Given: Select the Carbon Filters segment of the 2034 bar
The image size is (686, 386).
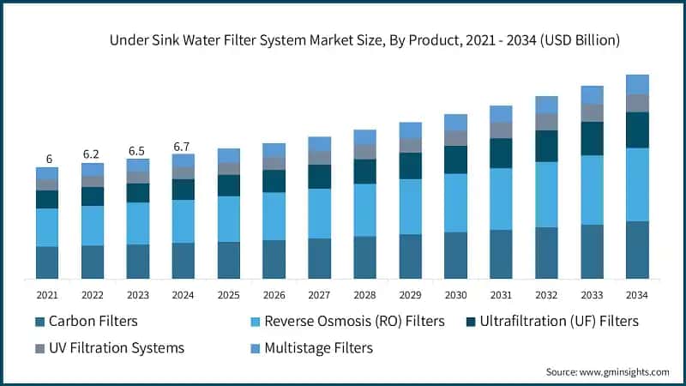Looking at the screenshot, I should click(637, 250).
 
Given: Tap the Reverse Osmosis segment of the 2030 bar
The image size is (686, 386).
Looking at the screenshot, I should click(455, 202).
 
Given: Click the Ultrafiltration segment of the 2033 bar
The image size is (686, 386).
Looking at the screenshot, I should click(592, 138).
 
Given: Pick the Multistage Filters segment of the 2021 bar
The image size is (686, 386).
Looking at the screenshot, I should click(47, 172).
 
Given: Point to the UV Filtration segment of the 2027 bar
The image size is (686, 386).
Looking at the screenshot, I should click(319, 158).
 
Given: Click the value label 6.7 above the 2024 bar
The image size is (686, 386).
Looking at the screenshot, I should click(183, 147).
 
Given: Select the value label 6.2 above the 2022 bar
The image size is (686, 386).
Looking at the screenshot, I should click(92, 154).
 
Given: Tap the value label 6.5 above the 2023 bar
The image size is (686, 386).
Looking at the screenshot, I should click(137, 151).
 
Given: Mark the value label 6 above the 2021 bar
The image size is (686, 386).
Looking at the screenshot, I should click(49, 160).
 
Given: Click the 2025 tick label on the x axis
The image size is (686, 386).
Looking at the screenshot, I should click(228, 294).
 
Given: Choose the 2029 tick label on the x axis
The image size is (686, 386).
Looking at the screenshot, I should click(410, 294).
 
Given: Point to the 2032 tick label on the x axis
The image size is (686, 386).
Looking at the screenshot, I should click(546, 294).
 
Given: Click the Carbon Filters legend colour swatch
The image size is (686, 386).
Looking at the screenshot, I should click(39, 322).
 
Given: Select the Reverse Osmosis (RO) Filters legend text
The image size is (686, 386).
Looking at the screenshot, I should click(354, 322).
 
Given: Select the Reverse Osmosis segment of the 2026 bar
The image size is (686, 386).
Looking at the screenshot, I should click(274, 216).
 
